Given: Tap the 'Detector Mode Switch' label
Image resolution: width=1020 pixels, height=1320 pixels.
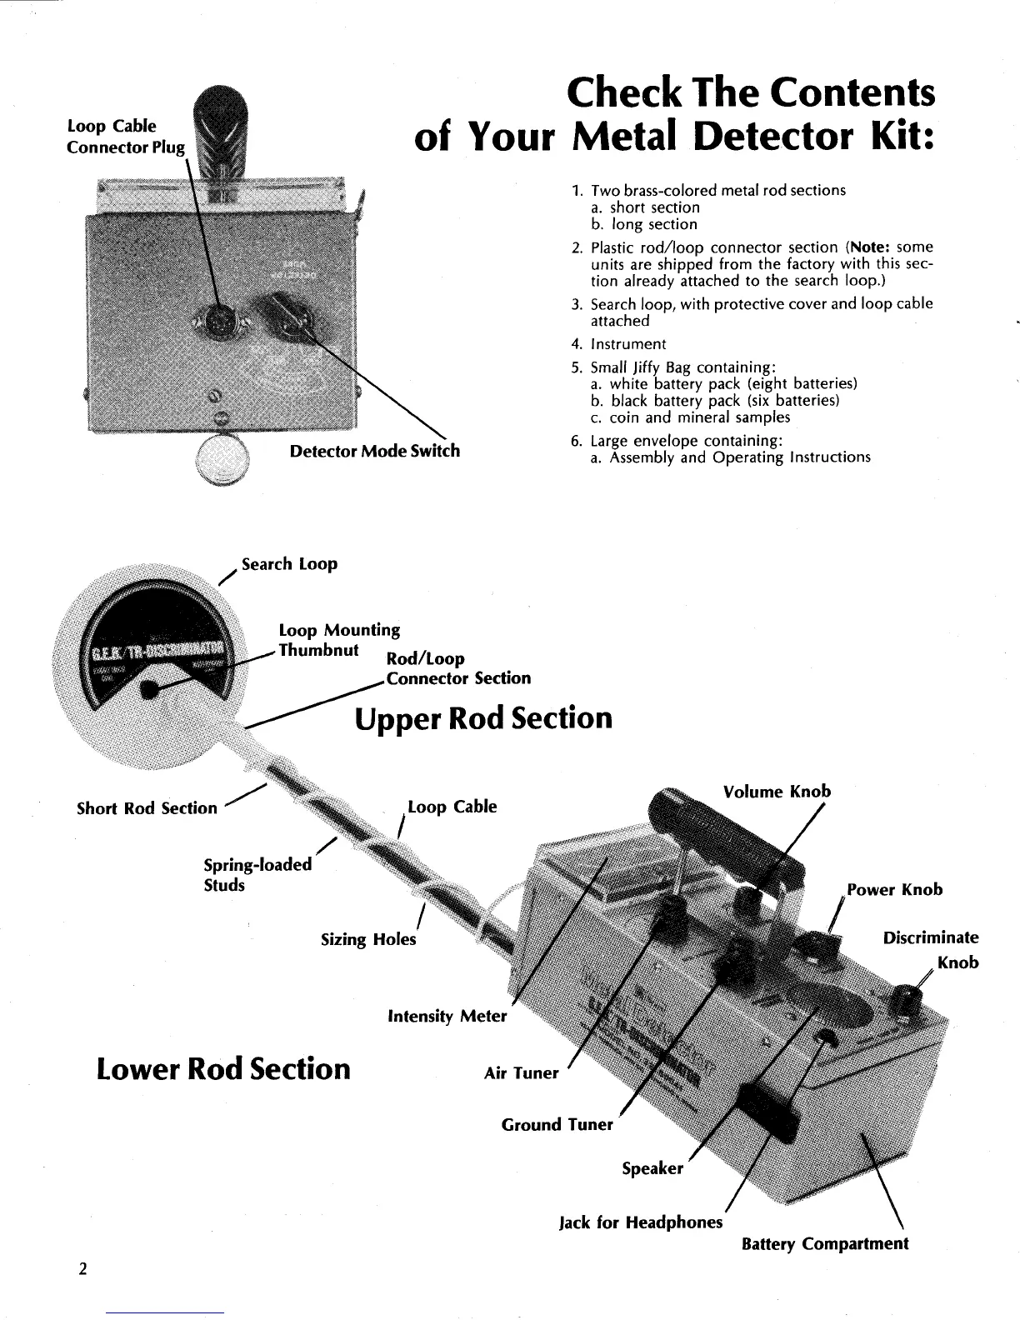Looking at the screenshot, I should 374,451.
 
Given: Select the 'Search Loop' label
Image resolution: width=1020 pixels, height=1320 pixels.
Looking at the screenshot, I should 289,564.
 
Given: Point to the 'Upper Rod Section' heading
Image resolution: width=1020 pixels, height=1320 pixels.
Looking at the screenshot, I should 483,718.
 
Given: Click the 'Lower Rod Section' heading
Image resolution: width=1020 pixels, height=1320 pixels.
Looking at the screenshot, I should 223,1067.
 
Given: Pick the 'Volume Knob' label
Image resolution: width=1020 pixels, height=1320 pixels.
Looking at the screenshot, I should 777,791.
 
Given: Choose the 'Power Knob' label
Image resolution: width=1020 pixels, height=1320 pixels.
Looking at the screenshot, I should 894,889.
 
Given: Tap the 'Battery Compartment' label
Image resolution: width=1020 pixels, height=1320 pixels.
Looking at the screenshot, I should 824,1243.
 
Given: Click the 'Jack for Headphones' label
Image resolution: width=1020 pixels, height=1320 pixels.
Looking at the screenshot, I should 640,1222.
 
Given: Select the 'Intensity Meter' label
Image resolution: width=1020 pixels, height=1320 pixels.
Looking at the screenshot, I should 447,1016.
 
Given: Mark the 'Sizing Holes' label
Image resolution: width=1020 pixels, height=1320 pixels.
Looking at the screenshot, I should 368,939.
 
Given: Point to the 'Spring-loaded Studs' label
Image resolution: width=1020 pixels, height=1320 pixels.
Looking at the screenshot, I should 257,874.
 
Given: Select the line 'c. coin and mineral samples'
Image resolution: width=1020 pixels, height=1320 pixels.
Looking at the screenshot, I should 688,417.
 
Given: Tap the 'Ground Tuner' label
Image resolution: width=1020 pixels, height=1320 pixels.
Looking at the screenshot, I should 557,1125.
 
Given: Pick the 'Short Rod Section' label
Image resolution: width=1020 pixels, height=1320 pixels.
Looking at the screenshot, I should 147,808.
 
